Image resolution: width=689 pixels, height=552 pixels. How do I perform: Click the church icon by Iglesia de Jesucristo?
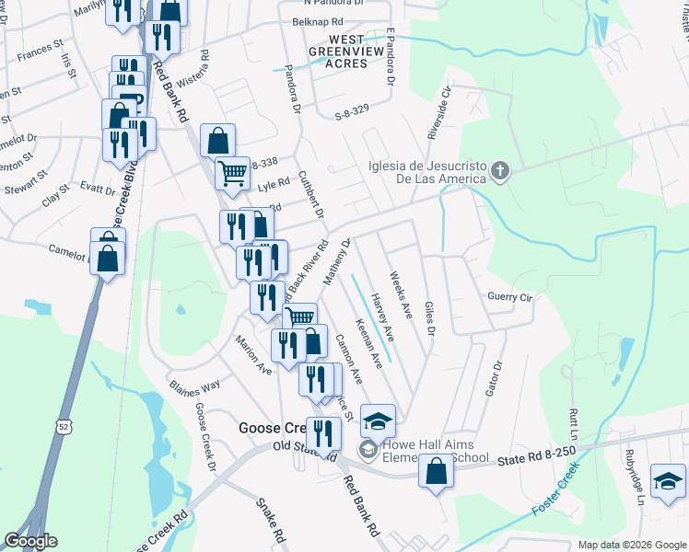coord(499,170)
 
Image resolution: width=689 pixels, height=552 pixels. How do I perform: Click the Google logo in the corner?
coord(30,541)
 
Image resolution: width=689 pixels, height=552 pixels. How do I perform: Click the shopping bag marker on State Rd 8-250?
coord(437,470)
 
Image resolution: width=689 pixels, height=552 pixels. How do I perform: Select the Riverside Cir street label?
coord(439,113)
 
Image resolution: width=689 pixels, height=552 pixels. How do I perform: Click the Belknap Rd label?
coord(316,20)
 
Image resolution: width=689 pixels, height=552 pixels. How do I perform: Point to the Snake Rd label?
coord(271,521)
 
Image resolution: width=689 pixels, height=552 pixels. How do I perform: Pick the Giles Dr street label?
coord(428,317)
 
